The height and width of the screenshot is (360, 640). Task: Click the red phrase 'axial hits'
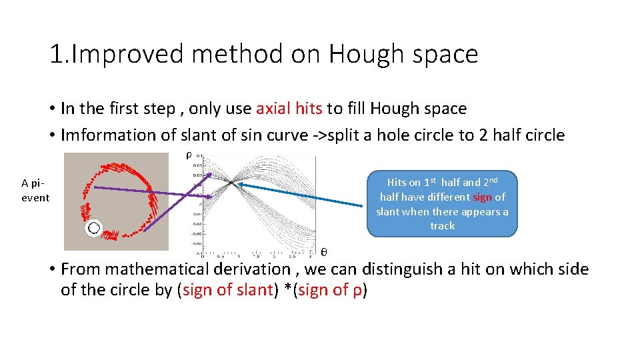coord(289,108)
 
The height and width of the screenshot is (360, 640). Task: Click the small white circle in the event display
coord(94,229)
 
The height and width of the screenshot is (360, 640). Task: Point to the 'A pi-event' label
coord(35,190)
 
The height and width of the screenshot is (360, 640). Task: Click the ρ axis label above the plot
coord(189,155)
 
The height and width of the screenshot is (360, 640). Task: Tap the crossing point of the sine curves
coord(230,181)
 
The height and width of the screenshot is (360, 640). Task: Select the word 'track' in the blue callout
coord(442,226)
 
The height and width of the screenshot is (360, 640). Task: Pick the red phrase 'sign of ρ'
coord(331,290)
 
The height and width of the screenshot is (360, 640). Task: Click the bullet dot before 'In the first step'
coord(51,109)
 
